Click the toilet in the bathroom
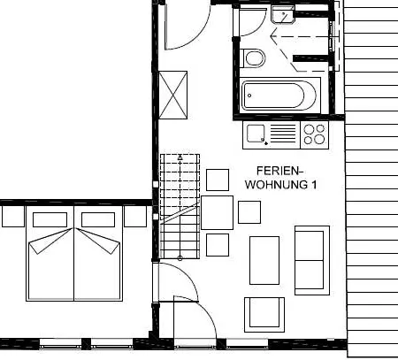(x=255, y=58)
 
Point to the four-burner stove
(x=313, y=134)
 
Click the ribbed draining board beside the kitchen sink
(x=282, y=134)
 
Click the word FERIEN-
(x=279, y=171)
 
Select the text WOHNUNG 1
(x=279, y=185)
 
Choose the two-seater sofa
(x=310, y=259)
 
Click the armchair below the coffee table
(x=264, y=312)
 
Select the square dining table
(x=218, y=212)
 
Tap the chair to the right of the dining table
(x=249, y=212)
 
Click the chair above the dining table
(x=218, y=180)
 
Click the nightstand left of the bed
(x=13, y=216)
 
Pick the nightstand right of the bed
(x=134, y=216)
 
